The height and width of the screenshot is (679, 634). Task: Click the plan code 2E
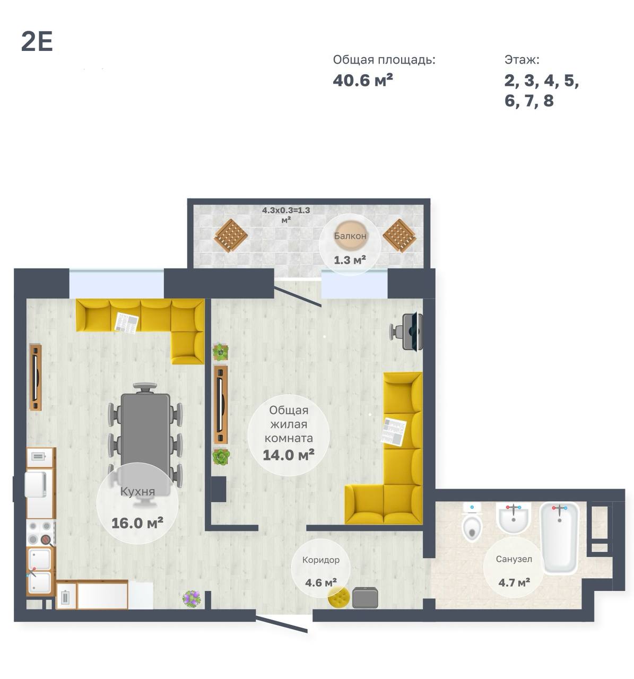pyautogui.click(x=37, y=42)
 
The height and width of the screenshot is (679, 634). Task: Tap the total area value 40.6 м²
pyautogui.click(x=362, y=80)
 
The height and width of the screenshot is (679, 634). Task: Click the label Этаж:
pyautogui.click(x=522, y=60)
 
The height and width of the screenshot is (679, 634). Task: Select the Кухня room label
pyautogui.click(x=137, y=492)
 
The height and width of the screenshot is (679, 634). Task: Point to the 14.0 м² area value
pyautogui.click(x=288, y=455)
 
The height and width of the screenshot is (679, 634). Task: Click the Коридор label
pyautogui.click(x=320, y=560)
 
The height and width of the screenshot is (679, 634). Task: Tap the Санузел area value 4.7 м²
pyautogui.click(x=514, y=582)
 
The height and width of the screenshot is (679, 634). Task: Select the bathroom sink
pyautogui.click(x=513, y=517)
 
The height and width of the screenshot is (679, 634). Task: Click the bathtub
pyautogui.click(x=559, y=537)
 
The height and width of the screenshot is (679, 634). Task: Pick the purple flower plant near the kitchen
pyautogui.click(x=192, y=599)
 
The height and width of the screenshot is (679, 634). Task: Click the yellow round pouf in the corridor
pyautogui.click(x=338, y=597)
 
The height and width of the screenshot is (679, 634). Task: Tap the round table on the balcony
pyautogui.click(x=350, y=236)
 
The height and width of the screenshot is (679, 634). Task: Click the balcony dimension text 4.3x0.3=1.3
pyautogui.click(x=286, y=210)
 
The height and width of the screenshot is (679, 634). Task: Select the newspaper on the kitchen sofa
pyautogui.click(x=126, y=322)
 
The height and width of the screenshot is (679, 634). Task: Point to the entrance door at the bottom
pyautogui.click(x=282, y=623)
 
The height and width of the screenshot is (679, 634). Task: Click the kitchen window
pyautogui.click(x=117, y=284)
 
